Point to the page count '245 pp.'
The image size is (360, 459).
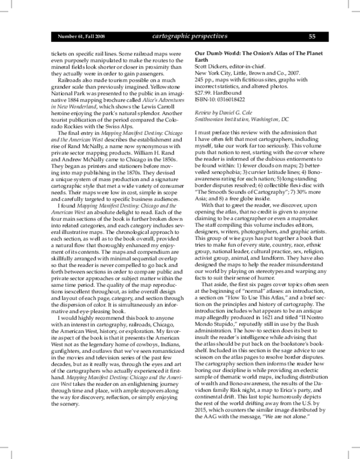[x=206, y=80]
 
